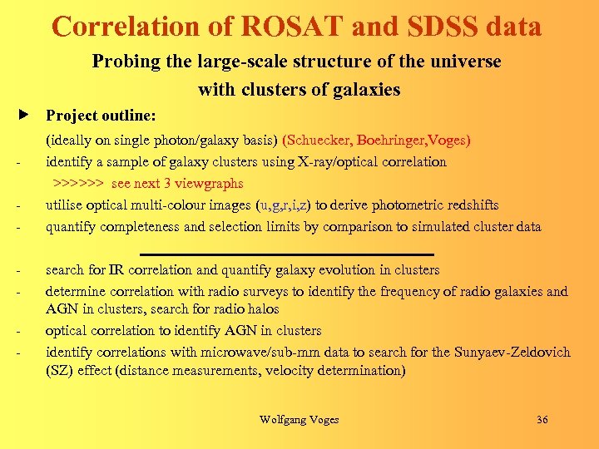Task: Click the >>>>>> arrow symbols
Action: (78, 183)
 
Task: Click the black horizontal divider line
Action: (287, 253)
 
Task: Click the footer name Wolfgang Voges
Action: (299, 420)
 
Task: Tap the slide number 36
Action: (542, 420)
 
